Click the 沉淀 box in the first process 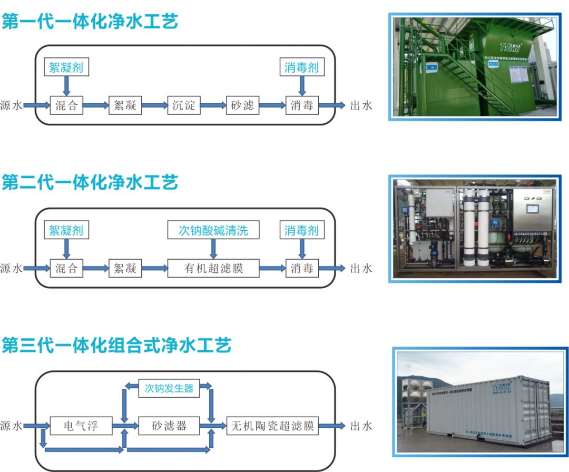click(x=184, y=105)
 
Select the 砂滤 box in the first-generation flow click(x=242, y=105)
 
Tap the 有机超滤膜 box click(x=213, y=269)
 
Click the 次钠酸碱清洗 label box click(x=213, y=230)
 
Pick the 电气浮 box click(x=81, y=425)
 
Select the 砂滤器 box click(x=169, y=425)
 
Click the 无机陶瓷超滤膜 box click(x=272, y=425)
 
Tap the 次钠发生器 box click(x=169, y=389)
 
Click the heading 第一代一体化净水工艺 click(x=90, y=22)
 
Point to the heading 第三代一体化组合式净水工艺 click(x=116, y=346)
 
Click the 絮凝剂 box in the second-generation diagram click(x=66, y=230)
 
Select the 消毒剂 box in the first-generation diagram click(x=301, y=67)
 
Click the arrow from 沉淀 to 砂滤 click(x=213, y=106)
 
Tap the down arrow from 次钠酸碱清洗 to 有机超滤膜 click(x=213, y=248)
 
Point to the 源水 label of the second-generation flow click(x=11, y=269)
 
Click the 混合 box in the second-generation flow click(x=66, y=269)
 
